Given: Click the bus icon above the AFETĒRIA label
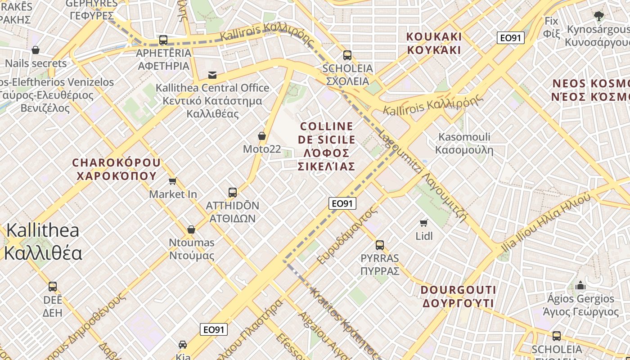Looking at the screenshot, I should point(163,40).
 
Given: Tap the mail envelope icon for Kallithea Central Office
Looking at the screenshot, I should point(212,75).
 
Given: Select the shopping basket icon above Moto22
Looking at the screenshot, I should point(262,135).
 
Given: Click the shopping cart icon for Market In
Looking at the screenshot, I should point(172,181).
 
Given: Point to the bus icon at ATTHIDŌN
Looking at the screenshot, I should point(233,193).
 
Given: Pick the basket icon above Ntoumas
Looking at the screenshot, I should point(191,229).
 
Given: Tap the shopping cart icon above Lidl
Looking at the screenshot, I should point(423,223).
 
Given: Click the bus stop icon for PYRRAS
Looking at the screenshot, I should point(380,245).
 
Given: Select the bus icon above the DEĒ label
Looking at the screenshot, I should point(53,287).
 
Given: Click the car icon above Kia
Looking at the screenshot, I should point(183,345).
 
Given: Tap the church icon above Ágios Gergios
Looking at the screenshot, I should point(580,285).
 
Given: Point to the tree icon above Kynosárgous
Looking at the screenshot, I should point(598,17).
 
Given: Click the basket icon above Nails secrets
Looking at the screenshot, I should point(36,50).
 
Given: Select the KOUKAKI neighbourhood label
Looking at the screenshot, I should point(434,43).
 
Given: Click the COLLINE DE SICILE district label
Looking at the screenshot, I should point(327,146).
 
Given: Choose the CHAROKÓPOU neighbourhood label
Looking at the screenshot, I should point(116,169).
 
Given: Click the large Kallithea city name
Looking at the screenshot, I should point(43,242).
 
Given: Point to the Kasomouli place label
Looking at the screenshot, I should point(464,144).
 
